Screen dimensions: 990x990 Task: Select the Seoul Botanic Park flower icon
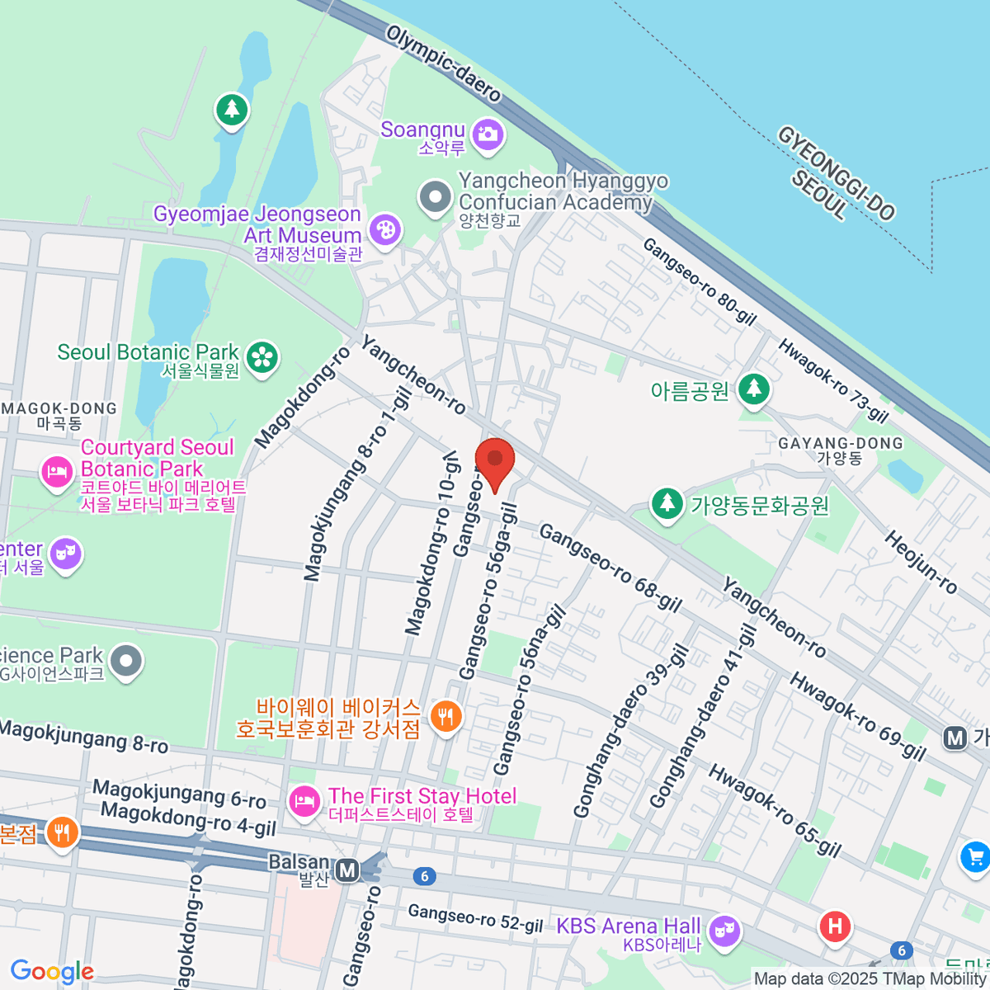pos(262,357)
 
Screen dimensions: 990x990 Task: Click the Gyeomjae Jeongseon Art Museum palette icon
pos(384,229)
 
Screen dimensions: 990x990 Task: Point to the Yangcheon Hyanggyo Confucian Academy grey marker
pos(435,197)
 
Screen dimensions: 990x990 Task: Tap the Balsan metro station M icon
pos(348,870)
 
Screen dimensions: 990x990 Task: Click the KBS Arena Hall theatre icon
pos(724,931)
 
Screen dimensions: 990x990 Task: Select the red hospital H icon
pos(835,926)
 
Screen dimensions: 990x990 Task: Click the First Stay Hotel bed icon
pos(304,799)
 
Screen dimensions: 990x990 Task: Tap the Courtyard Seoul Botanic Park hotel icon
pos(57,473)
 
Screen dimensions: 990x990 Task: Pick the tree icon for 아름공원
pos(753,388)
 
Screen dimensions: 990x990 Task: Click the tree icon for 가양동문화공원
pos(667,503)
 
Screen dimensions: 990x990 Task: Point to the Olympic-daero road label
pos(444,64)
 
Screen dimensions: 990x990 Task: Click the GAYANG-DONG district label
pos(840,444)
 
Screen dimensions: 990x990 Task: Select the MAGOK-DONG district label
pos(59,409)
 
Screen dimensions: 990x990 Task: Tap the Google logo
pos(52,971)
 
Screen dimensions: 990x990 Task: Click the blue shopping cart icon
pos(975,858)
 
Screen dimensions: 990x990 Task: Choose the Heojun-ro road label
pos(921,562)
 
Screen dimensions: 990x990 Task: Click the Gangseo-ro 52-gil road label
pos(475,918)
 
